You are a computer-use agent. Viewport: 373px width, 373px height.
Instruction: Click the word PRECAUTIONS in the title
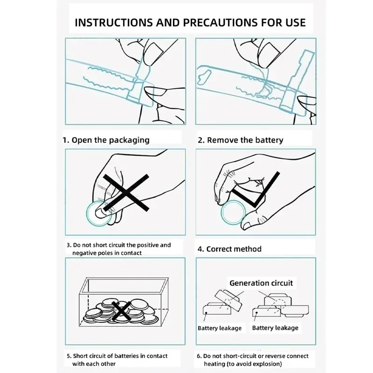pyautogui.click(x=220, y=22)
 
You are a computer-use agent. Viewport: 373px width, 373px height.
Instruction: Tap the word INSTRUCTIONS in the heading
pyautogui.click(x=114, y=22)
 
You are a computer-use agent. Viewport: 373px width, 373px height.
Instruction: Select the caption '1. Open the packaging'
pyautogui.click(x=106, y=140)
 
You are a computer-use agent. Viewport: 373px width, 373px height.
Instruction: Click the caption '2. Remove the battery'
pyautogui.click(x=241, y=140)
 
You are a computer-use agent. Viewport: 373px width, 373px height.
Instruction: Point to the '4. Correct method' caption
pyautogui.click(x=229, y=249)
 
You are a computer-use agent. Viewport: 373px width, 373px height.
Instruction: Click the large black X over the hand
pyautogui.click(x=126, y=193)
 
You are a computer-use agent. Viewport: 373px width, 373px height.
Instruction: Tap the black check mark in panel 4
pyautogui.click(x=256, y=190)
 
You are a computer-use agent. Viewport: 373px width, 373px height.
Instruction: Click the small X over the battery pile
pyautogui.click(x=122, y=311)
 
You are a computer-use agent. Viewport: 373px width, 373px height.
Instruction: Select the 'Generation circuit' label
pyautogui.click(x=261, y=283)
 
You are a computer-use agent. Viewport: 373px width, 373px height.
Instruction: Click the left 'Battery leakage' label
pyautogui.click(x=220, y=328)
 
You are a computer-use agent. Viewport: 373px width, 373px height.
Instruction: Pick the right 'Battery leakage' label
pyautogui.click(x=275, y=328)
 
